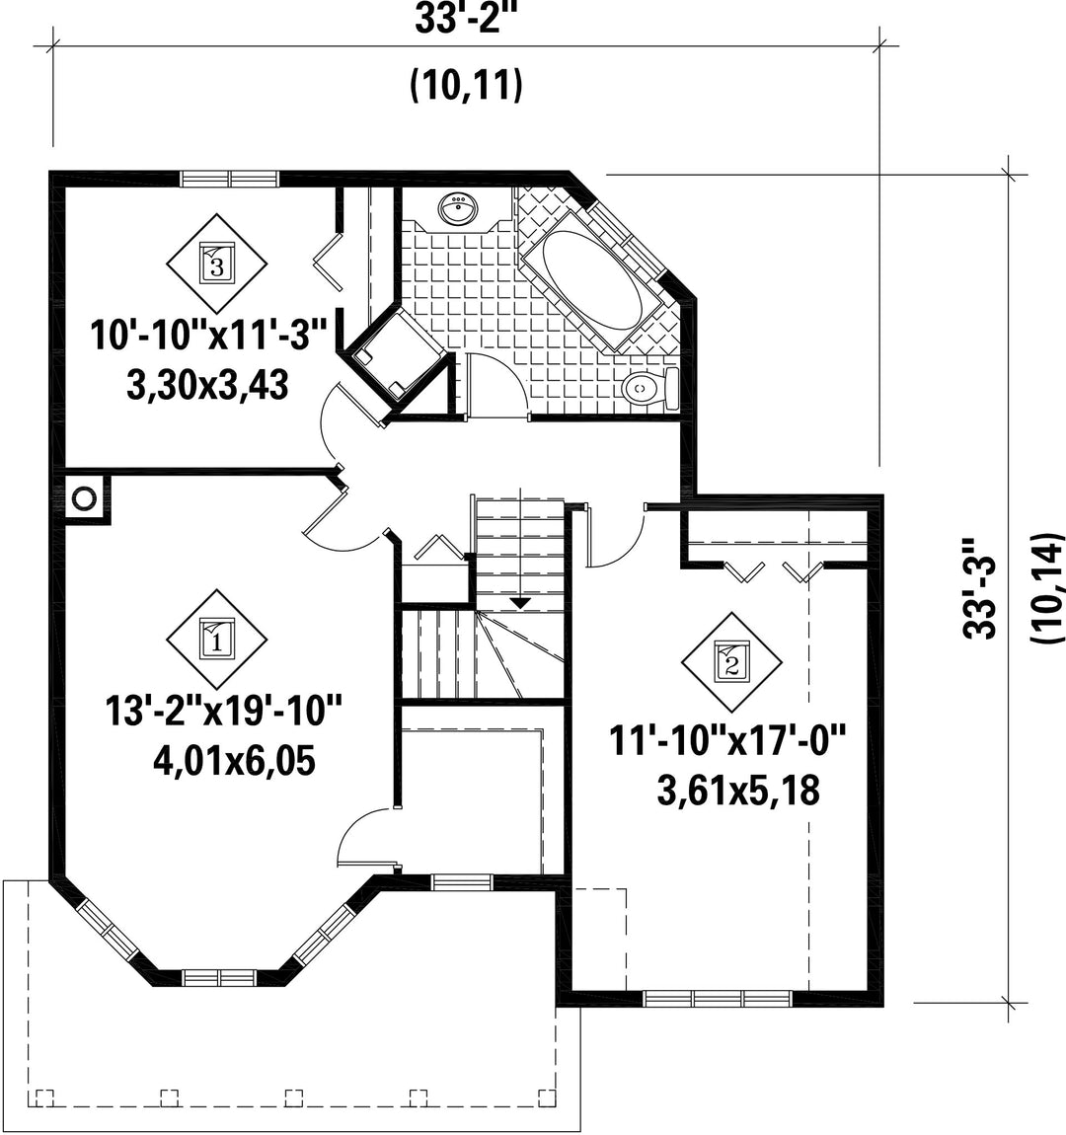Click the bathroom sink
coord(458,209)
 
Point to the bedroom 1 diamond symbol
coord(217,640)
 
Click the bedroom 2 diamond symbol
coord(732,662)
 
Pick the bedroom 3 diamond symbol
coord(217,263)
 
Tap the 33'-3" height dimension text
coord(980,587)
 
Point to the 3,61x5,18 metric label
coord(738,792)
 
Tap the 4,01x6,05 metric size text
coord(234,762)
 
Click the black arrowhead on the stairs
coord(520,603)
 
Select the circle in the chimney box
coord(84,498)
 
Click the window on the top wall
coord(229,178)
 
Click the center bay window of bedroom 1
coord(219,978)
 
